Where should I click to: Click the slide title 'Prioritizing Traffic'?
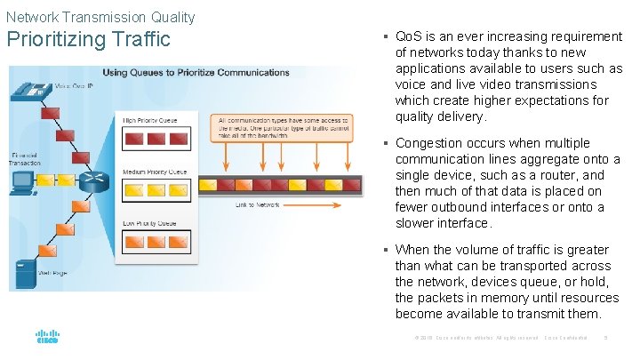click(x=88, y=40)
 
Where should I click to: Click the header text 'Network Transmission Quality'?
click(x=100, y=16)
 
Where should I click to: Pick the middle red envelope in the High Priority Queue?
click(x=156, y=139)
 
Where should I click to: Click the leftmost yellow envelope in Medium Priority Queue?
click(x=132, y=190)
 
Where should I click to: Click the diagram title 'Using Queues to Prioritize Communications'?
click(x=196, y=73)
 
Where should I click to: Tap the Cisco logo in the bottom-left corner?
click(x=47, y=337)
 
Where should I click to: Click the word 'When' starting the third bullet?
click(x=413, y=250)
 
